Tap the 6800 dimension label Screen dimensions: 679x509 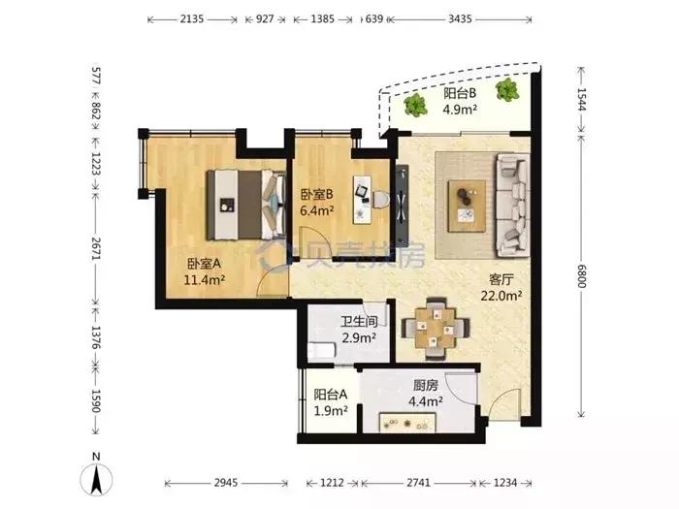click(582, 276)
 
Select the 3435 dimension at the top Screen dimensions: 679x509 click(460, 19)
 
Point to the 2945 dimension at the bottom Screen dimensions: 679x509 click(226, 483)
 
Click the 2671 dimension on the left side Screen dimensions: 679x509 click(96, 248)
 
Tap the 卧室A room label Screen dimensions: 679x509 click(204, 263)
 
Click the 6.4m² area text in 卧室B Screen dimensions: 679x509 click(317, 210)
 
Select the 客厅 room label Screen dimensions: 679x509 click(501, 279)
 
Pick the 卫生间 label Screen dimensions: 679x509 click(359, 322)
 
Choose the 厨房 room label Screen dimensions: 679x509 click(426, 385)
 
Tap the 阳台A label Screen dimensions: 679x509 click(331, 395)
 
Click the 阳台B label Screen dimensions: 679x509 click(460, 93)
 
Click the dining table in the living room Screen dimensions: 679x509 click(436, 329)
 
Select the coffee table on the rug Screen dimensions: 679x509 click(467, 207)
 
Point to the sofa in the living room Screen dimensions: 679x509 click(513, 205)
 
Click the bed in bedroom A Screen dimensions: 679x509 click(246, 205)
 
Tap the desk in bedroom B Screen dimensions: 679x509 click(362, 200)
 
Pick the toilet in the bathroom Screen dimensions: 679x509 click(322, 350)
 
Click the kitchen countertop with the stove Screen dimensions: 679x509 click(407, 423)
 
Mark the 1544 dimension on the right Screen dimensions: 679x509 click(582, 99)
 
